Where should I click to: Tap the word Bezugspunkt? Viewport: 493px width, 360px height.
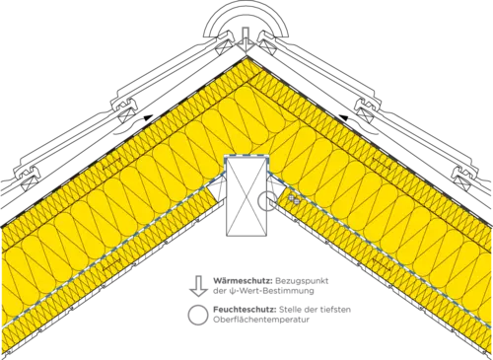coord(302,281)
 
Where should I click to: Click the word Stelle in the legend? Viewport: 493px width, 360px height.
coord(288,310)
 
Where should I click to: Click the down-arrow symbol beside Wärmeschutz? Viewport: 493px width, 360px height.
coord(198,286)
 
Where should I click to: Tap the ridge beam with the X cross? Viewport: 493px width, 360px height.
coord(246,196)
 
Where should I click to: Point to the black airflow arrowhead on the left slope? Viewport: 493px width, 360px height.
coord(148,117)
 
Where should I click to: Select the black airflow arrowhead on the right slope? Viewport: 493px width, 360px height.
coord(344,117)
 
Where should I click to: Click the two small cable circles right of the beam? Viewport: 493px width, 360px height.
coord(294,199)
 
